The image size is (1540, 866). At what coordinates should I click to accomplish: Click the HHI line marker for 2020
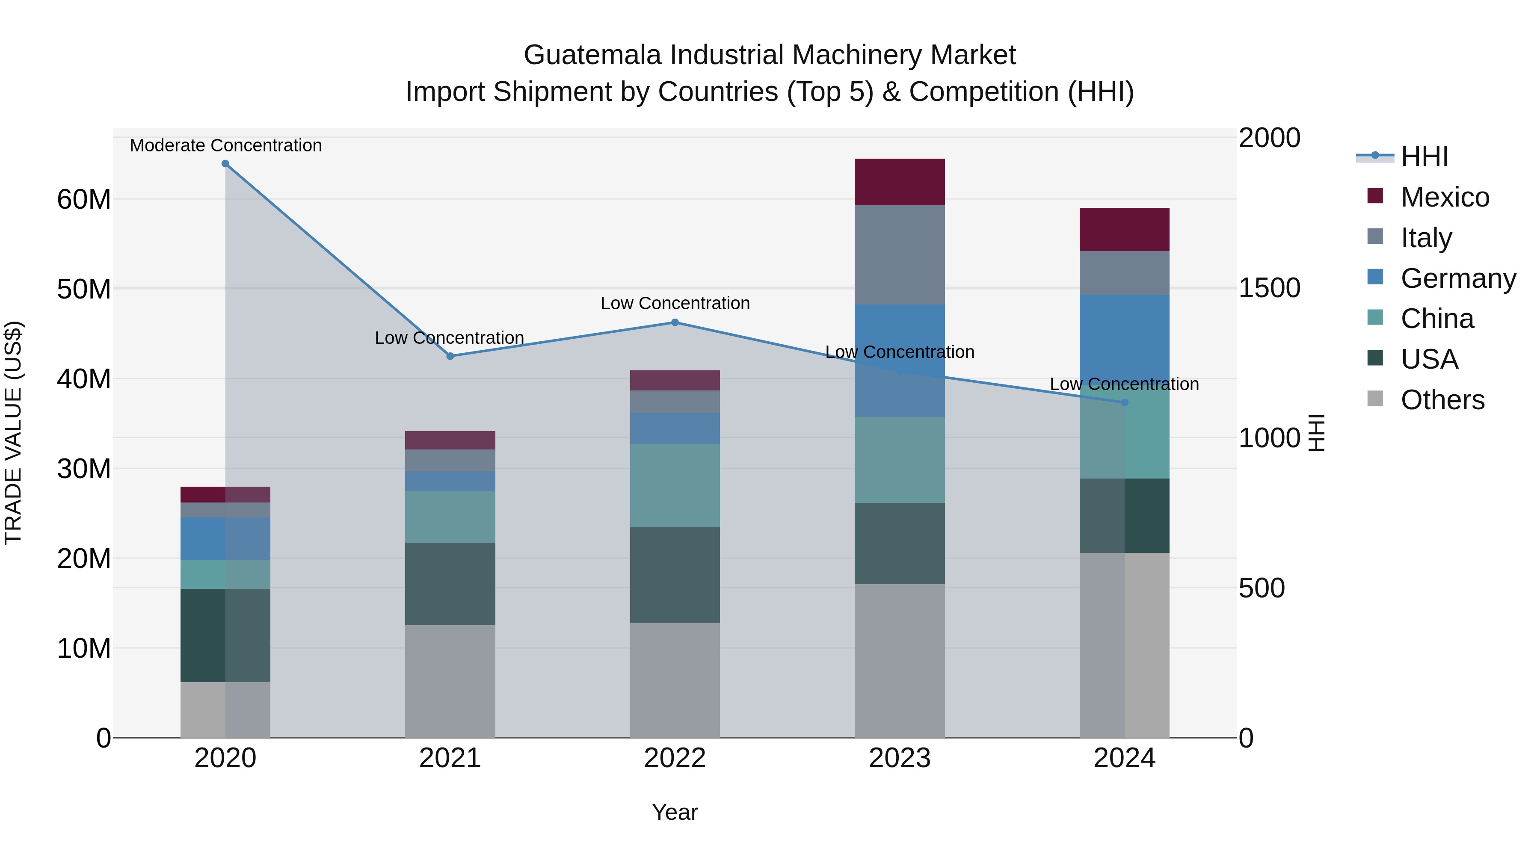[x=225, y=164]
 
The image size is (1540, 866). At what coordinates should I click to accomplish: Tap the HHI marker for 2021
[x=450, y=356]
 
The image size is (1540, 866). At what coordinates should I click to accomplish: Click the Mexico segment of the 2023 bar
[x=899, y=182]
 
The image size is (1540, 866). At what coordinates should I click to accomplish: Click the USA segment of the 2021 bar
[x=450, y=583]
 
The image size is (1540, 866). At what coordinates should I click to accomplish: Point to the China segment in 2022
[x=675, y=485]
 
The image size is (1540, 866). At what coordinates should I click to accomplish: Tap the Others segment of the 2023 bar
[x=899, y=660]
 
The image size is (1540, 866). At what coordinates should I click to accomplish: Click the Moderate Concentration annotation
[x=225, y=145]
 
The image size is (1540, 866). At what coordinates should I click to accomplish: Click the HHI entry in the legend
[x=1424, y=157]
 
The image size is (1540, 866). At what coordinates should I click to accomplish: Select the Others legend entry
[x=1442, y=400]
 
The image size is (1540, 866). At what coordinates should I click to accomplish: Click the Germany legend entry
[x=1457, y=278]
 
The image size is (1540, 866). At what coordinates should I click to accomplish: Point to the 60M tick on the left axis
[x=84, y=199]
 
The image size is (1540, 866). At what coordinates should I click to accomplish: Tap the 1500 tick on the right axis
[x=1269, y=288]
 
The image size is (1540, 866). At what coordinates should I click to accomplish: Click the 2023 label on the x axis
[x=899, y=758]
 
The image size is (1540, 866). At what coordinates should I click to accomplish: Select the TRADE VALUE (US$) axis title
[x=13, y=433]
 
